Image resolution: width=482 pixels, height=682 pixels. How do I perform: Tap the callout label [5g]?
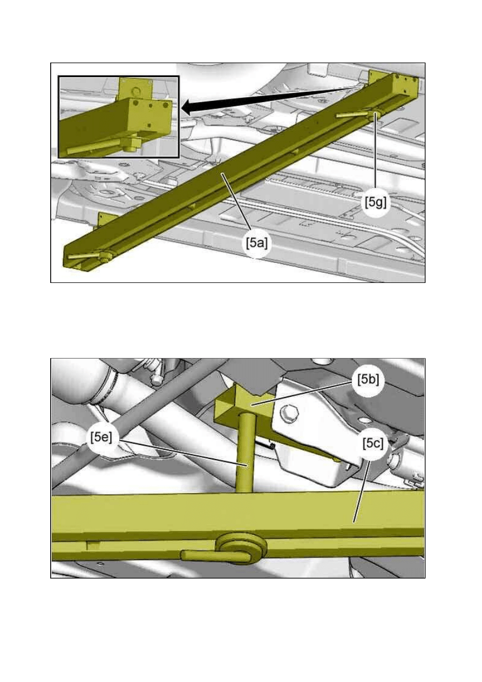(x=376, y=202)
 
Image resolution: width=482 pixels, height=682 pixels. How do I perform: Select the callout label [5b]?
(x=368, y=380)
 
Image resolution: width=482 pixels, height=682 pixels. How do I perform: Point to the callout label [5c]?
(x=373, y=444)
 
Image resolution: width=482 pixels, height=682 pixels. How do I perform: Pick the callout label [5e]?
(x=101, y=437)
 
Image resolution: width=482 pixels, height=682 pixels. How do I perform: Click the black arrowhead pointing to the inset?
(x=190, y=107)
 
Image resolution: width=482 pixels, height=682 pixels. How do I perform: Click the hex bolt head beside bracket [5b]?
(x=287, y=414)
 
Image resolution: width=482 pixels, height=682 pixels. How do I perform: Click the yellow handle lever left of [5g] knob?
(x=352, y=115)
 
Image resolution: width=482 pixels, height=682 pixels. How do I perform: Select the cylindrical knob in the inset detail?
(x=132, y=145)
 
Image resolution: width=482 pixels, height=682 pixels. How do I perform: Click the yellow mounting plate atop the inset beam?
(x=135, y=89)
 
